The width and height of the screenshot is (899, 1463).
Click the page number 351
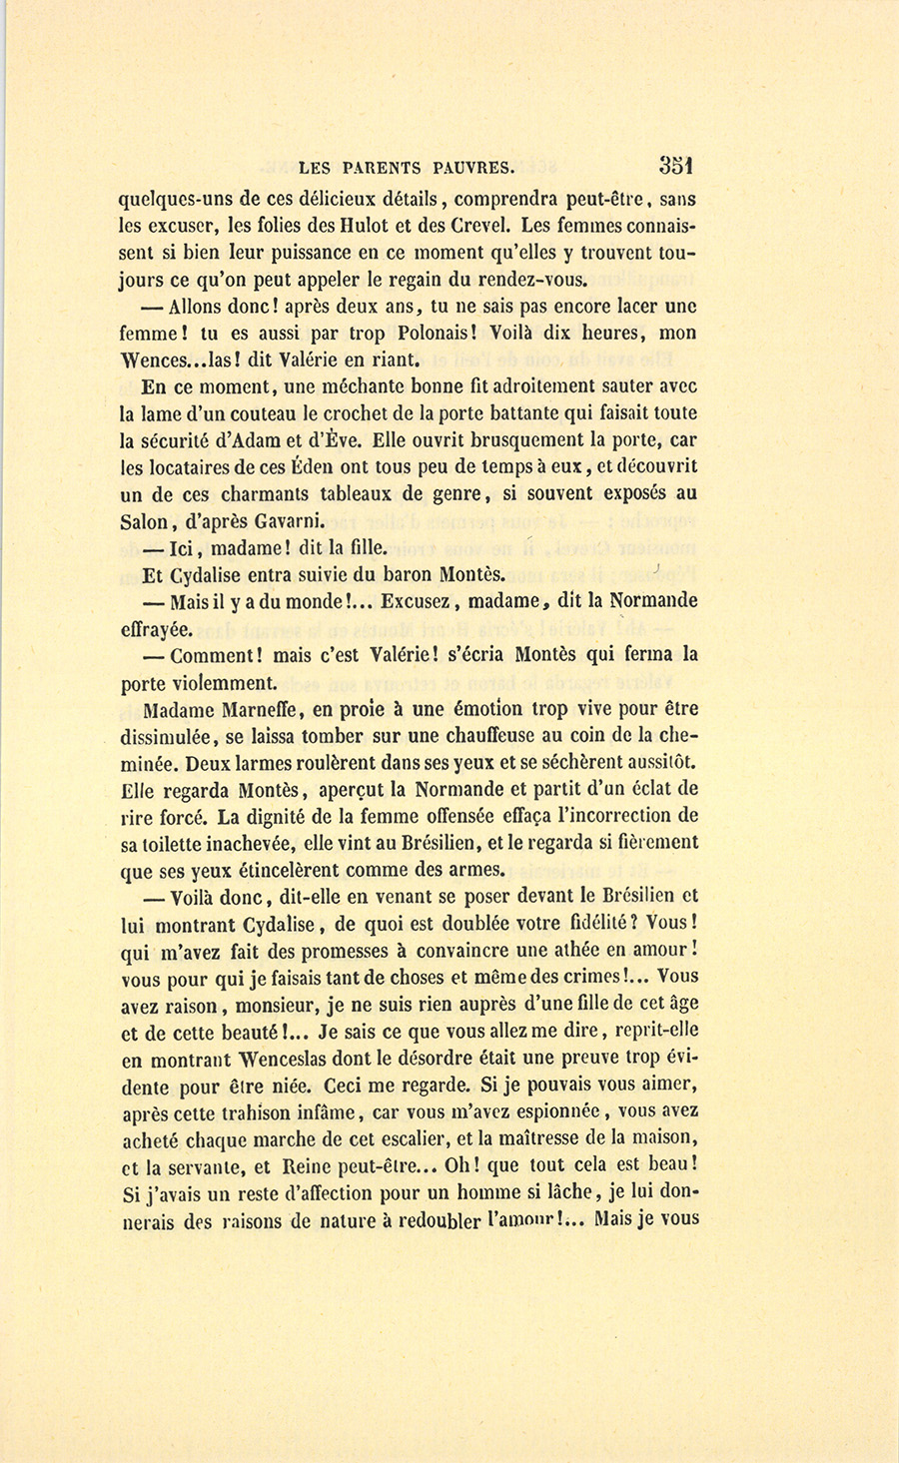click(676, 165)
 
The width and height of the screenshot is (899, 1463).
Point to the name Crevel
click(483, 226)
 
